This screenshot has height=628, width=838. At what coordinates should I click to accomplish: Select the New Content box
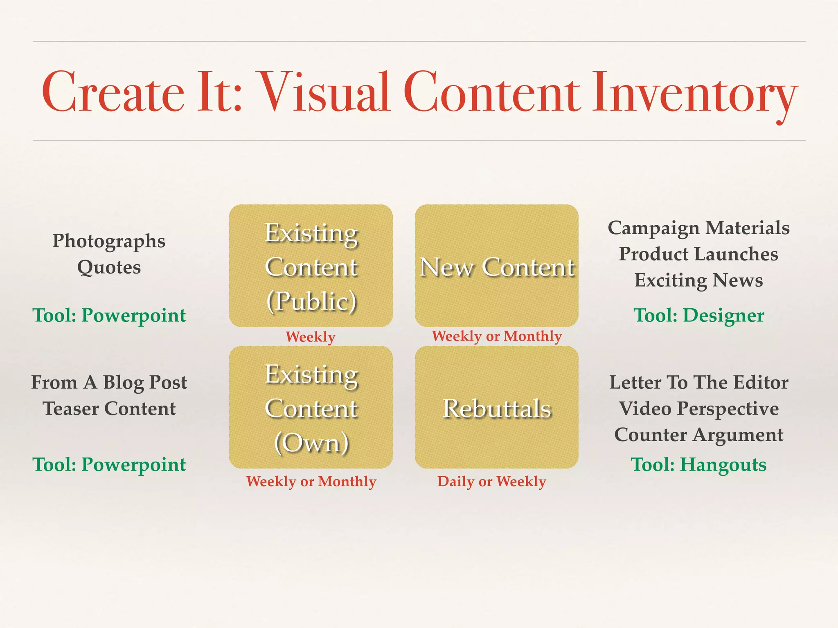496,266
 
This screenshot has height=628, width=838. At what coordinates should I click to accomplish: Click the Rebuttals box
496,408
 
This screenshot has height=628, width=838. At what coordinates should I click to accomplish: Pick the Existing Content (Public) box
311,266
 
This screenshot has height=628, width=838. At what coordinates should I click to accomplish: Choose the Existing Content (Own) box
311,408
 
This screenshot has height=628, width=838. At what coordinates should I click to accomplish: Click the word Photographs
109,241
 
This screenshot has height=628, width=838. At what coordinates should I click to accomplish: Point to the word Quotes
109,267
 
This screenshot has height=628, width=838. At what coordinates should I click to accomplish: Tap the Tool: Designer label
698,315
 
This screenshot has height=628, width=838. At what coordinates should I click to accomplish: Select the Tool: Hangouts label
698,464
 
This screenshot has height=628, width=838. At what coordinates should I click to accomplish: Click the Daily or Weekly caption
491,481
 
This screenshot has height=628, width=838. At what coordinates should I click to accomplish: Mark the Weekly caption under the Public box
310,337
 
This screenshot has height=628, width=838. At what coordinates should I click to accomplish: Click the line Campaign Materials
698,228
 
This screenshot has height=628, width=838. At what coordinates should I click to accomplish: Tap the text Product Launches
698,254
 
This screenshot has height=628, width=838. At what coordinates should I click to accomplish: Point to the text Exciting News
698,280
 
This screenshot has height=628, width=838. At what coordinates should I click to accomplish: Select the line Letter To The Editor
698,382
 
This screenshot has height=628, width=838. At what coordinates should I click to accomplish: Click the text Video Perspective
698,408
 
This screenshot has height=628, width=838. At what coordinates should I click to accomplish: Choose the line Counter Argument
698,435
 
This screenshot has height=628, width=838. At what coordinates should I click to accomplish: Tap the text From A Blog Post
109,382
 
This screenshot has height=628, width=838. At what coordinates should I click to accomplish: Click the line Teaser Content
109,408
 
